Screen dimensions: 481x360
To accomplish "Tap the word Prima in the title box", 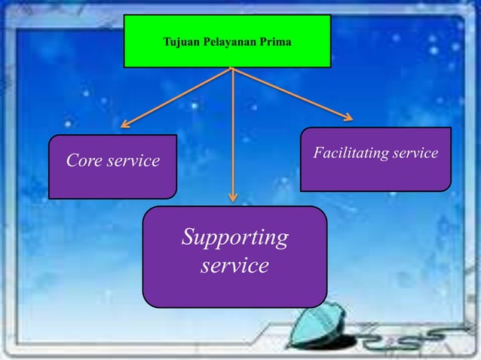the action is click(x=276, y=41).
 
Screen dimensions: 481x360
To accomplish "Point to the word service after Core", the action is click(x=133, y=161).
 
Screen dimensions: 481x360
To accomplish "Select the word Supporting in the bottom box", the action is click(x=235, y=238).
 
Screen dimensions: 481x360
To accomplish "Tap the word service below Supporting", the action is click(x=235, y=265).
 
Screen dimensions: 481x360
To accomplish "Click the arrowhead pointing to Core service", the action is click(x=125, y=124).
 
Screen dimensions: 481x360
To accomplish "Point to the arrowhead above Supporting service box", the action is click(x=233, y=197).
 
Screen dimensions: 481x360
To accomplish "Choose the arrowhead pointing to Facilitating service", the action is click(x=348, y=117).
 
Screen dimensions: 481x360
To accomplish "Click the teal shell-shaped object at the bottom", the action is click(x=316, y=325).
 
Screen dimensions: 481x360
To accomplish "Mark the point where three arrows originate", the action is click(x=232, y=68).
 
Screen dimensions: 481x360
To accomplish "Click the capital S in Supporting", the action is click(x=189, y=236).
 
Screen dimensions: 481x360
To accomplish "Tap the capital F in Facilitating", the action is click(x=319, y=152).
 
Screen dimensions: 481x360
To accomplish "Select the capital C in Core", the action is click(x=72, y=160).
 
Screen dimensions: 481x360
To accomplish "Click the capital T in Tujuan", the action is click(x=167, y=41).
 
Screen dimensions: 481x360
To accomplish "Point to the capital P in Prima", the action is click(x=264, y=41).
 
